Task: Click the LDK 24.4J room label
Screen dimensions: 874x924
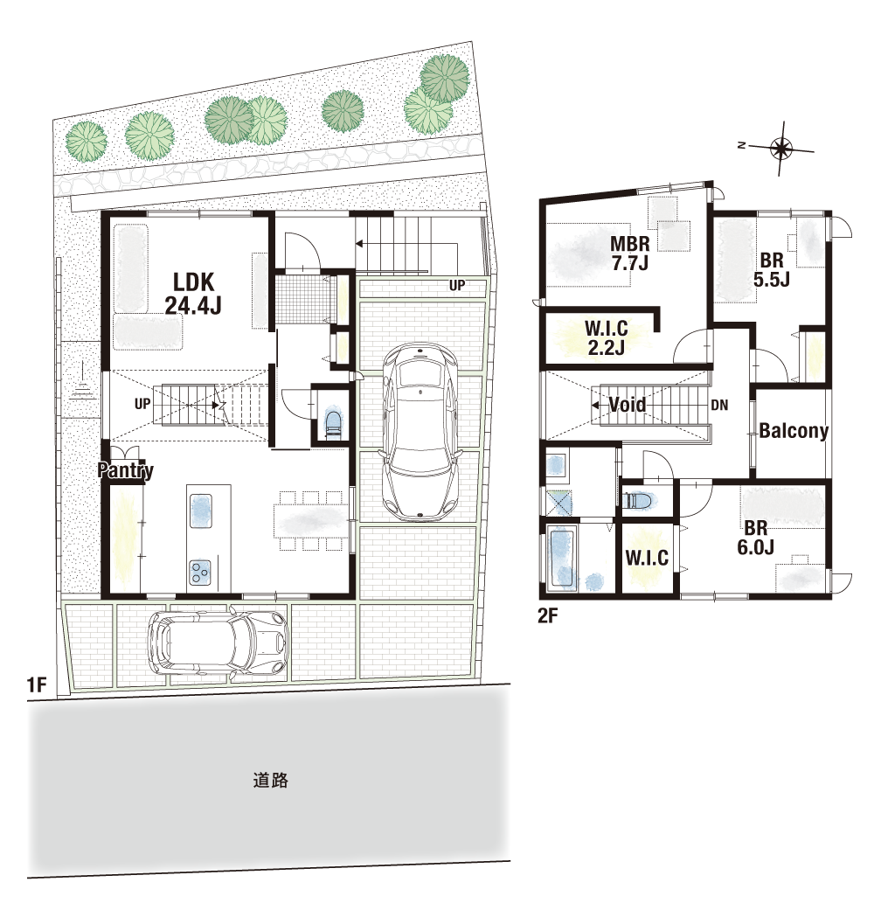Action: pos(193,294)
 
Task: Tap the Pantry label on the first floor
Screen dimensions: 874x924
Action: pos(126,470)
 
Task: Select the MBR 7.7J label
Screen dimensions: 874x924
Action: pos(630,253)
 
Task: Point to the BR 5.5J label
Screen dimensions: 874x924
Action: pos(772,269)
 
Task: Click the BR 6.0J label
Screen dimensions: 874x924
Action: pos(755,537)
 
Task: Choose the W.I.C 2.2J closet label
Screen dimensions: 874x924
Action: pos(606,337)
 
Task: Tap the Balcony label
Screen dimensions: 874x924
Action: pos(794,431)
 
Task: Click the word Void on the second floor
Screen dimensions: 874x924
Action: pos(627,405)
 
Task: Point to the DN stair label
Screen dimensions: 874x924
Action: pos(719,405)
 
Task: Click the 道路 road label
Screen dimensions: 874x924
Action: pos(271,781)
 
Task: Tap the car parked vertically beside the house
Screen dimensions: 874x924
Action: pos(420,432)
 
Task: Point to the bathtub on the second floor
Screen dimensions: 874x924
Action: pos(561,558)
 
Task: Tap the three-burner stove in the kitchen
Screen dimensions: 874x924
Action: pos(200,573)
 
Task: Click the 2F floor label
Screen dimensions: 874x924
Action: pos(547,615)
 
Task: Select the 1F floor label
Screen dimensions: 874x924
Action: pos(37,684)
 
